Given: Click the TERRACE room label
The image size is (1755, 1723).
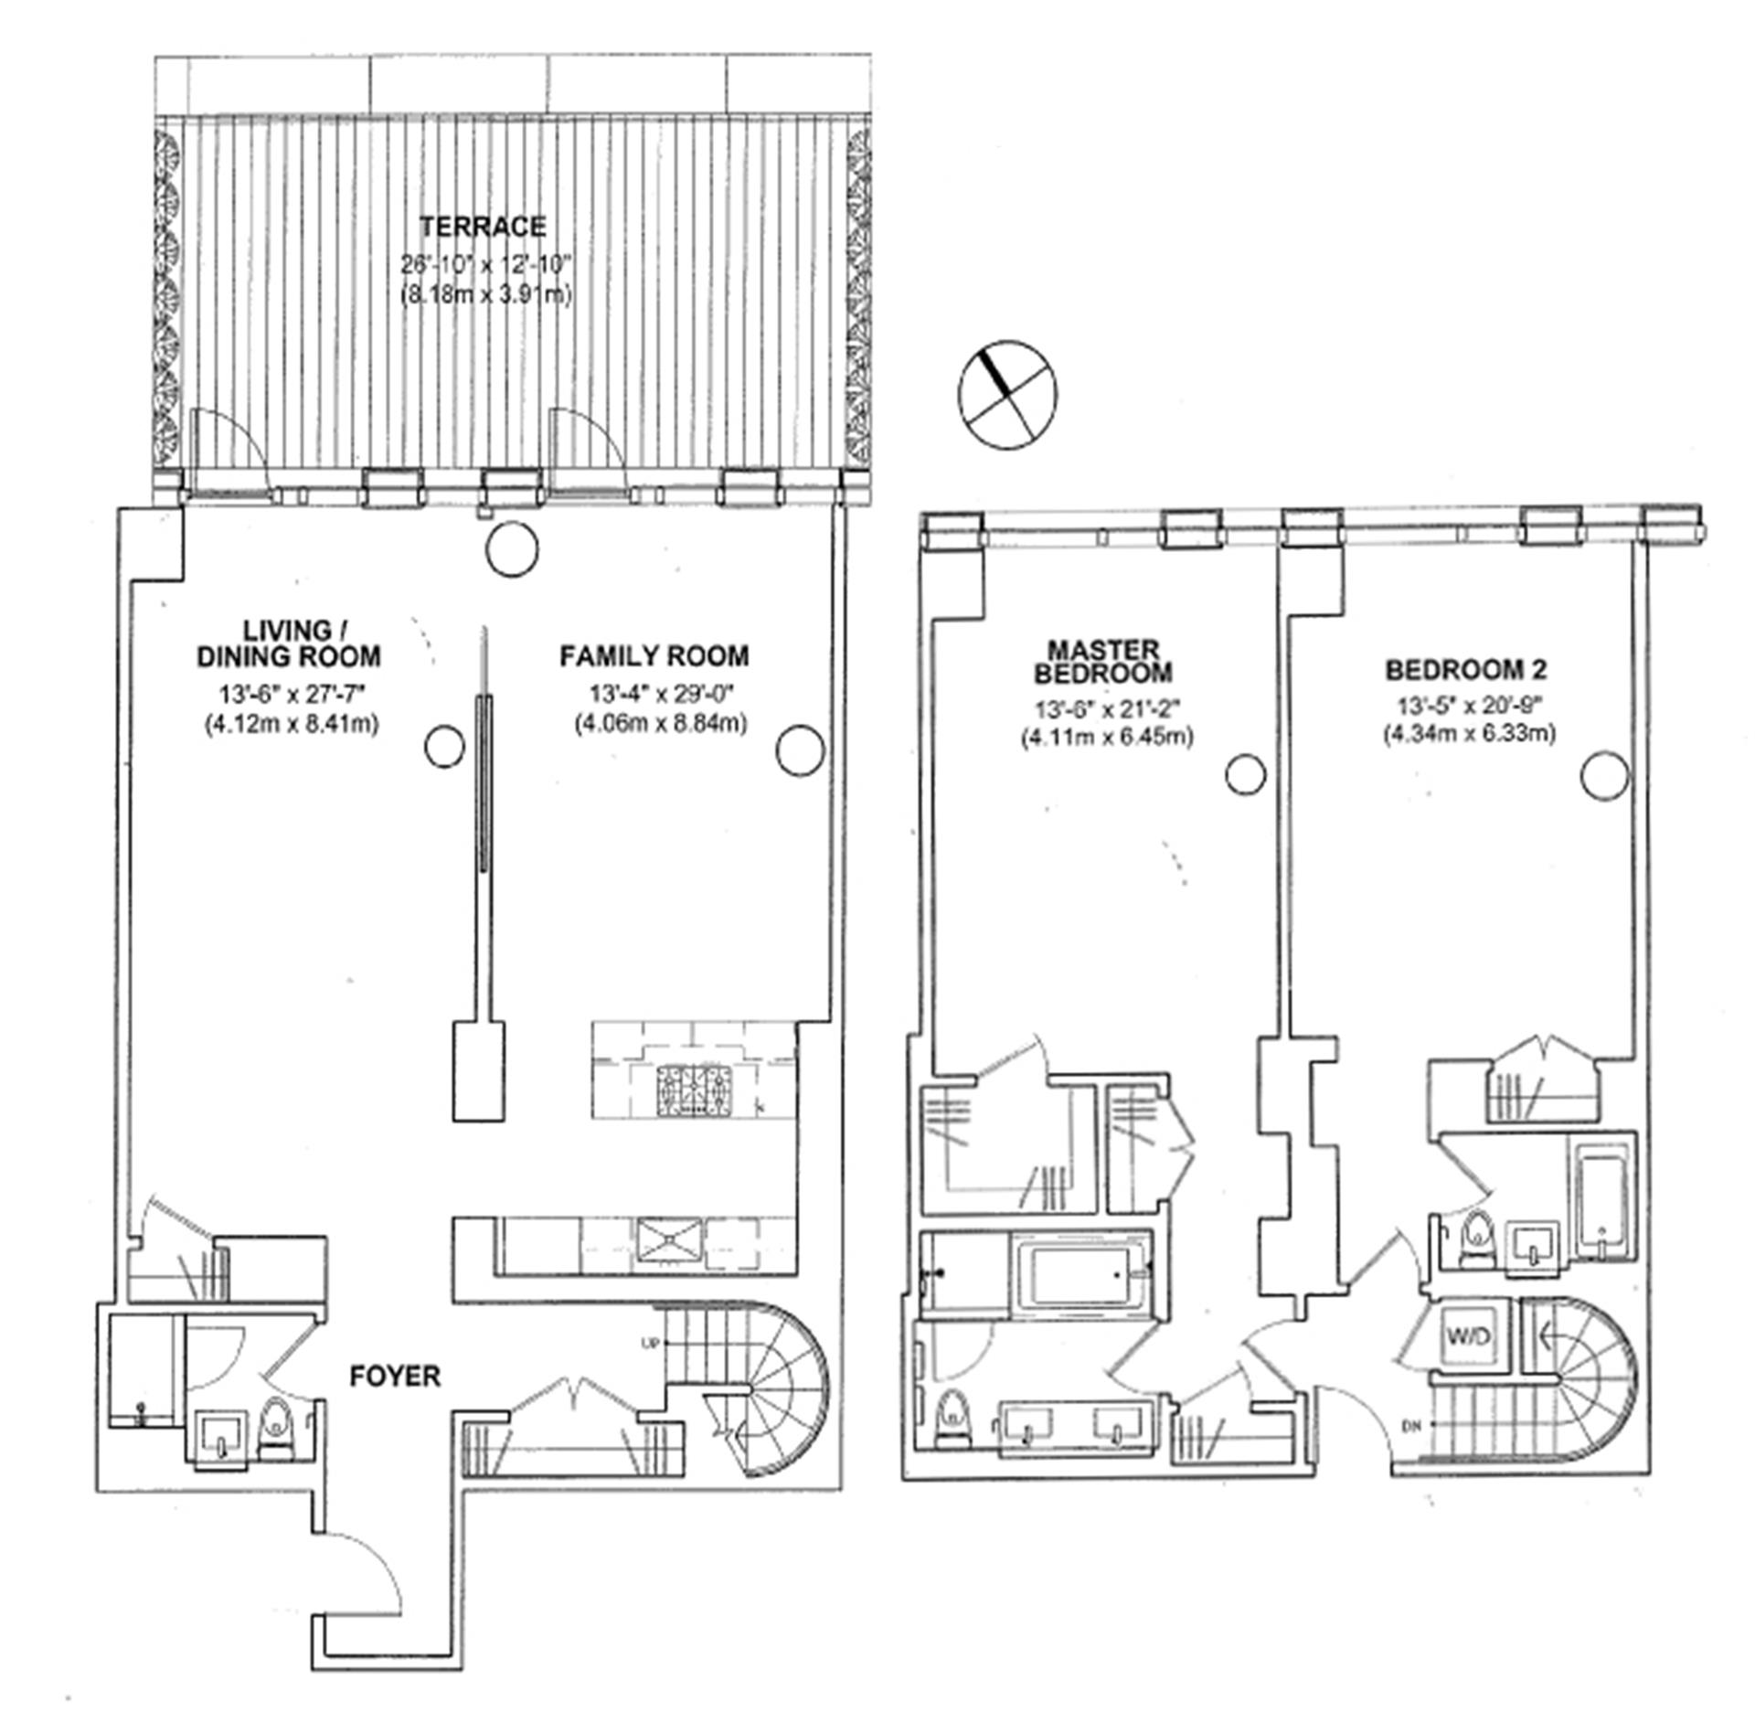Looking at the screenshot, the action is coord(483,227).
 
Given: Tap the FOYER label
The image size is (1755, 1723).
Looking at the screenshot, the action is coord(395,1376).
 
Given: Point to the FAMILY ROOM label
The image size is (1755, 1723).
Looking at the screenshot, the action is coord(654,656).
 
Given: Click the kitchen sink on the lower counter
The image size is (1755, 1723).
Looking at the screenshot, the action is coord(670,1240).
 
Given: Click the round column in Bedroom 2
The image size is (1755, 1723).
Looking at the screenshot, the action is coord(1604,776).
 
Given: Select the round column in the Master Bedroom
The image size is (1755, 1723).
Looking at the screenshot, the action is coord(1245,774).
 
